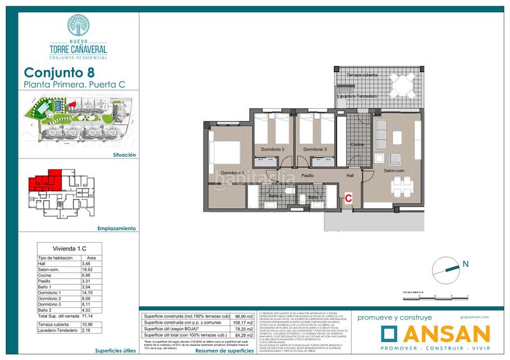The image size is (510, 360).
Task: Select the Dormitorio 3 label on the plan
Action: pyautogui.click(x=315, y=149)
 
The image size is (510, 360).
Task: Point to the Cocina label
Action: pyautogui.click(x=357, y=145)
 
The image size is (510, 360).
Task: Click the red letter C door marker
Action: pyautogui.click(x=348, y=198)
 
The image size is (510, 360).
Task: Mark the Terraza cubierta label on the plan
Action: pyautogui.click(x=361, y=75)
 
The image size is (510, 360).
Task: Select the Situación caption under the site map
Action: pyautogui.click(x=122, y=154)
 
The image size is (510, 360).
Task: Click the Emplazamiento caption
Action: pyautogui.click(x=117, y=227)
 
